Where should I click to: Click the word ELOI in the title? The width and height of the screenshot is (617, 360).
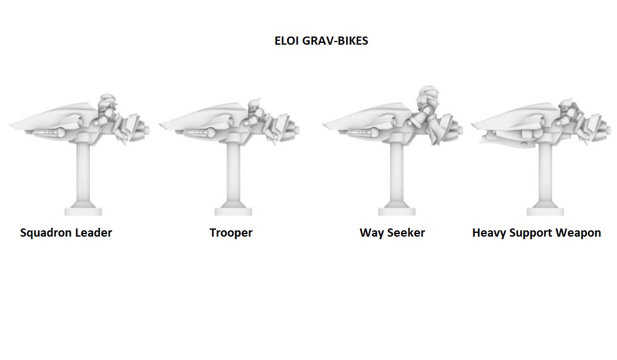(287, 41)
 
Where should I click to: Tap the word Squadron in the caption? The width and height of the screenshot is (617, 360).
(47, 233)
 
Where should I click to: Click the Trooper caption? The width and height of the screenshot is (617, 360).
(230, 233)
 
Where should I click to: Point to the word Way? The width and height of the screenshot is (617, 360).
(371, 233)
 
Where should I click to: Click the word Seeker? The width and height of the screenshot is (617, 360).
(405, 233)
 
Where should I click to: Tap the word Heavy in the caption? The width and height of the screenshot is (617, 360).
(489, 233)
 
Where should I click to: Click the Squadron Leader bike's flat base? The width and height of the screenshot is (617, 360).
(84, 211)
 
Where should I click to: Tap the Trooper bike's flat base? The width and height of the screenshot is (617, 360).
(233, 211)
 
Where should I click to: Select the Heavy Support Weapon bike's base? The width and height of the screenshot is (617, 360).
(545, 211)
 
